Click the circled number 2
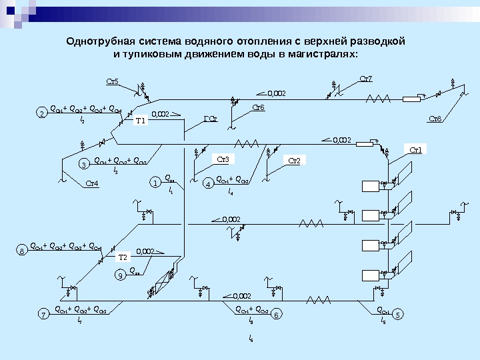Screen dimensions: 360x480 [x=41, y=114]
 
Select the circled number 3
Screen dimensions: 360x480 [x=84, y=163]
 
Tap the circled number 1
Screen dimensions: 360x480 [x=155, y=181]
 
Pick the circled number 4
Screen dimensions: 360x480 [x=208, y=182]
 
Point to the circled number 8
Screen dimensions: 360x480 [x=22, y=251]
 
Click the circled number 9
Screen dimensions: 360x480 [x=120, y=274]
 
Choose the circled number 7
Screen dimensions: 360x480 [x=43, y=313]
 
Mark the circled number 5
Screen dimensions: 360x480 [x=397, y=313]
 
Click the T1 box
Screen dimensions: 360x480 [x=140, y=121]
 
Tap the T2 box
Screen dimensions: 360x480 [x=123, y=257]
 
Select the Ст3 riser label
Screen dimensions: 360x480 [x=224, y=159]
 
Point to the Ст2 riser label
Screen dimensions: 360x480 [x=294, y=161]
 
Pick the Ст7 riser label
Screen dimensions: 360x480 [x=366, y=79]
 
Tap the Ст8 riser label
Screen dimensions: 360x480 [x=435, y=119]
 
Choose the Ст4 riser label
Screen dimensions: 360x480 [x=92, y=183]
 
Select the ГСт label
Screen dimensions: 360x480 [x=210, y=120]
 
